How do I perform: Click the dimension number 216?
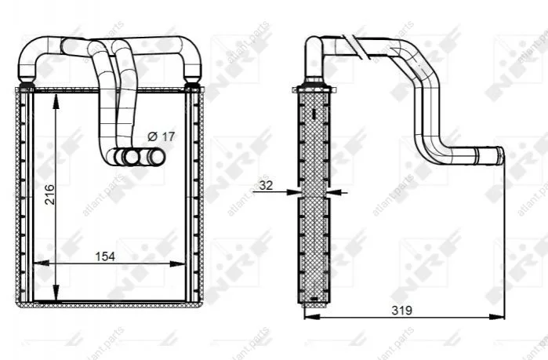pyautogui.click(x=49, y=195)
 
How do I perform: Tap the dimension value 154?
pyautogui.click(x=105, y=256)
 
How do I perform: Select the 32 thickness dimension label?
pyautogui.click(x=266, y=185)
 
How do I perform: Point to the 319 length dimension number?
pyautogui.click(x=402, y=310)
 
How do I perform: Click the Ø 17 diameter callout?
pyautogui.click(x=161, y=136)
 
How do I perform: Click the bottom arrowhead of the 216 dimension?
pyautogui.click(x=56, y=293)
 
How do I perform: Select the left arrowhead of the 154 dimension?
pyautogui.click(x=41, y=264)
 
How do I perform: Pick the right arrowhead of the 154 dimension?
pyautogui.click(x=177, y=264)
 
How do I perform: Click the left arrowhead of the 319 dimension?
pyautogui.click(x=312, y=317)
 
